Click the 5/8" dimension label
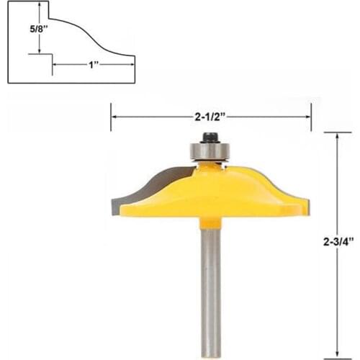pyautogui.click(x=22, y=30)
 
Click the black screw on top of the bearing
pyautogui.click(x=211, y=136)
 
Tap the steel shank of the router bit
pyautogui.click(x=210, y=288)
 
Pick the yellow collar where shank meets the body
pyautogui.click(x=210, y=222)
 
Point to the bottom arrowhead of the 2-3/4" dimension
pyautogui.click(x=337, y=354)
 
